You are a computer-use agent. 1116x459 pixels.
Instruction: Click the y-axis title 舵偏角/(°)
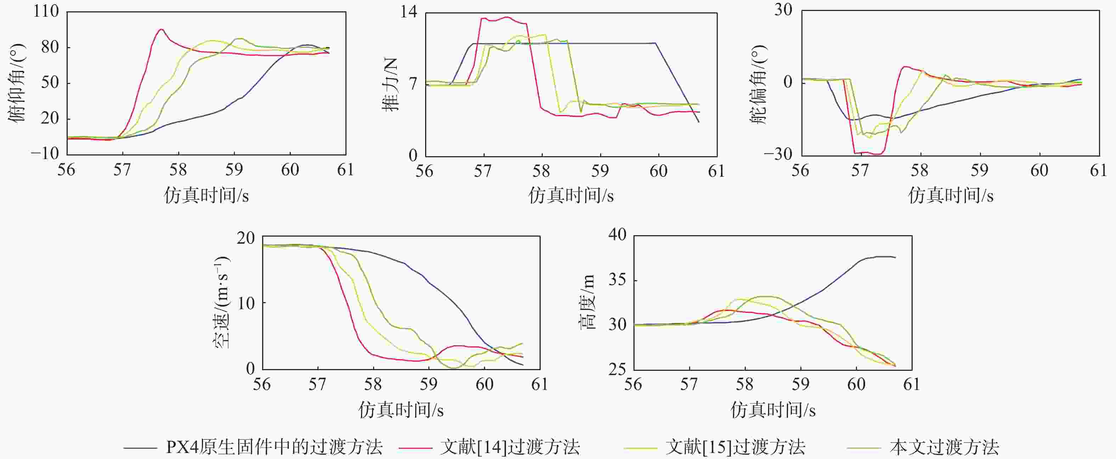pyautogui.click(x=758, y=84)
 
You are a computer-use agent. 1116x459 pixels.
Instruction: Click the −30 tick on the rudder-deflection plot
pyautogui.click(x=778, y=154)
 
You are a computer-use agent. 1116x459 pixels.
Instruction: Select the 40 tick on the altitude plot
pyautogui.click(x=618, y=235)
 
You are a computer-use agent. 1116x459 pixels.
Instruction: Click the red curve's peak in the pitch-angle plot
pyautogui.click(x=161, y=29)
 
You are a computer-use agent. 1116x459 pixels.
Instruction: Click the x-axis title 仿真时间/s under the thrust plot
pyautogui.click(x=571, y=196)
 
